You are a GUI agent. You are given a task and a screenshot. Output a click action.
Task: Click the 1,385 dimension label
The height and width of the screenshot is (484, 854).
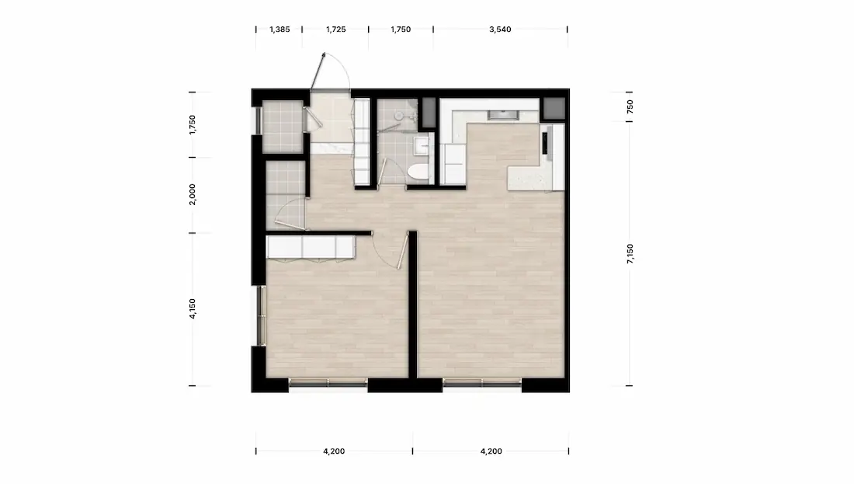(x=279, y=30)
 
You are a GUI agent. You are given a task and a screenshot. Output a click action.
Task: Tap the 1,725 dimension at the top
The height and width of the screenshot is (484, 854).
(x=335, y=30)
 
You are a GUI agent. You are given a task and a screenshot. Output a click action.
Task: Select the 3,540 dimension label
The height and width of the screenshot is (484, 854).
(x=500, y=30)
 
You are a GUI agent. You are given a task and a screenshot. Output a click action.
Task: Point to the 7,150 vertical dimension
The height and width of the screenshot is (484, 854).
(x=630, y=254)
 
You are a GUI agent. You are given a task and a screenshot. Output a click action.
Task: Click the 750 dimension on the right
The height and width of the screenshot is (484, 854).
(x=630, y=106)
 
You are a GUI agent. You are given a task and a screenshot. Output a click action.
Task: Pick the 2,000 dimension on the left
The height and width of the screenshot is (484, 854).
(x=192, y=194)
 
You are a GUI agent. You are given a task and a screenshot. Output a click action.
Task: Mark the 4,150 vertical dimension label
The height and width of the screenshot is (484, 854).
(x=192, y=308)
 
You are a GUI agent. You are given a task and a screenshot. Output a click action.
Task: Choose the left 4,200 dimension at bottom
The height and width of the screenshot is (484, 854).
(x=334, y=451)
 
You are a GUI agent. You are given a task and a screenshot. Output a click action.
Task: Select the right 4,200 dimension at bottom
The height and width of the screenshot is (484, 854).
(x=491, y=451)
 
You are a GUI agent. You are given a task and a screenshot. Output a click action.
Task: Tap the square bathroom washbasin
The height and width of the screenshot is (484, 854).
(x=421, y=146)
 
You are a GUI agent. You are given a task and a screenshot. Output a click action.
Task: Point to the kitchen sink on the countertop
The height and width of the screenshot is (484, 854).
(x=501, y=114)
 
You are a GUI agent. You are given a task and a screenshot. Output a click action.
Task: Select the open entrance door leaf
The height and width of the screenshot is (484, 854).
(x=318, y=71)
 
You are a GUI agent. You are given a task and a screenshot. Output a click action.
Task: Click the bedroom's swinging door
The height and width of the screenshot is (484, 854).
(x=403, y=250)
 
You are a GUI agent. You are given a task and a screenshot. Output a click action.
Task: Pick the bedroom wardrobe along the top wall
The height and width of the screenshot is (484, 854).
(x=311, y=247)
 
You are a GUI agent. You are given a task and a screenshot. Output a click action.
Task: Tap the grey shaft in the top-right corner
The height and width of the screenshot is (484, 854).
(x=554, y=109)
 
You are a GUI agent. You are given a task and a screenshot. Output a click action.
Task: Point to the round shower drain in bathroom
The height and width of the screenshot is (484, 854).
(x=399, y=116)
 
